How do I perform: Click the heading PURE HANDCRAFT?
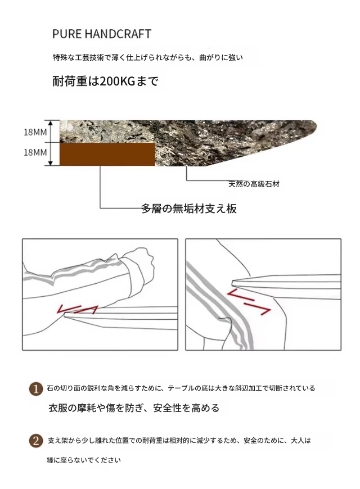click(x=101, y=34)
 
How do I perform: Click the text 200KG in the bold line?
click(x=117, y=81)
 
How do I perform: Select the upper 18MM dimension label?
click(x=35, y=132)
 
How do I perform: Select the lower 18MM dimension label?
click(x=35, y=152)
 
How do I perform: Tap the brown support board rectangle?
click(x=107, y=154)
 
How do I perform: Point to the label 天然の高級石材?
click(x=254, y=184)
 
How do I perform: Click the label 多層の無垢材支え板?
click(x=189, y=209)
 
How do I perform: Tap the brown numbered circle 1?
click(x=36, y=389)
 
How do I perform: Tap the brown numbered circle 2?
click(x=36, y=441)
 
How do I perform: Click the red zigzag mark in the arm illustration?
click(x=78, y=309)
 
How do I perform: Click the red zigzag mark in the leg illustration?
click(x=249, y=302)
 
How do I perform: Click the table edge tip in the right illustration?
click(x=233, y=283)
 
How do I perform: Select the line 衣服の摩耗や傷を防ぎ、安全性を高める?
click(x=134, y=407)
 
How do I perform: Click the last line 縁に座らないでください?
click(x=84, y=460)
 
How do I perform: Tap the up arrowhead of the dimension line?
click(x=50, y=122)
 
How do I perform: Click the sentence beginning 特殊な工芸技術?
click(x=148, y=57)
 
